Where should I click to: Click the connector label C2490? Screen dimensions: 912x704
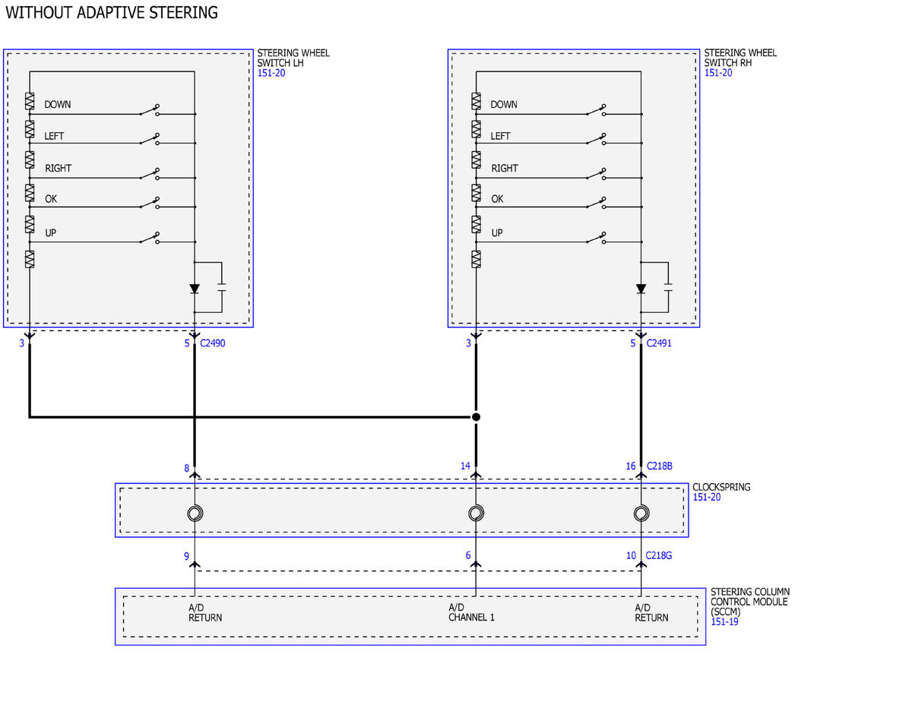coord(212,343)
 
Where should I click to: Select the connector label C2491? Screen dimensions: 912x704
coord(658,343)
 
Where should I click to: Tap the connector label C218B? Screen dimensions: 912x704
coord(660,466)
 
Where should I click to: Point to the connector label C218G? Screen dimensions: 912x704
coord(658,556)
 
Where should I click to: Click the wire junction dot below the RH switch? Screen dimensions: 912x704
coord(476,417)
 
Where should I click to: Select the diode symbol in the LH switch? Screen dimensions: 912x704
coord(195,289)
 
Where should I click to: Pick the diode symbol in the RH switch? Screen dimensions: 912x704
coord(641,289)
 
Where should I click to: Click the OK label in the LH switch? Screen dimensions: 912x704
coord(51,199)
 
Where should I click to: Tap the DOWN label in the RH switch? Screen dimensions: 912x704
coord(504,104)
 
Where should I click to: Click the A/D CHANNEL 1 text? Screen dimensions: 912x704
coord(471,612)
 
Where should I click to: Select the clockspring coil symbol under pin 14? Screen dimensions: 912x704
coord(476,513)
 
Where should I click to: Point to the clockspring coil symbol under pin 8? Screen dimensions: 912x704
coord(195,513)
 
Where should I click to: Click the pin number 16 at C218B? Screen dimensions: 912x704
coord(630,466)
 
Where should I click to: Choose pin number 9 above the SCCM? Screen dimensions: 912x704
coord(186,556)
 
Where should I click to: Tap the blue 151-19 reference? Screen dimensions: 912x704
coord(724,622)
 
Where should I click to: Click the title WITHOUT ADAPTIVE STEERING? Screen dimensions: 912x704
coord(112,13)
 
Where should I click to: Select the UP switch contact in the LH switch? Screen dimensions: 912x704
coord(150,238)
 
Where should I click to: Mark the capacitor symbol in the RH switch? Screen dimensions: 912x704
coord(668,287)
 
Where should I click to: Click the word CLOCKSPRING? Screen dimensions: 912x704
coord(721,487)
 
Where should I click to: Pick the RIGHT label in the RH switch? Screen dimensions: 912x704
coord(505,168)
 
